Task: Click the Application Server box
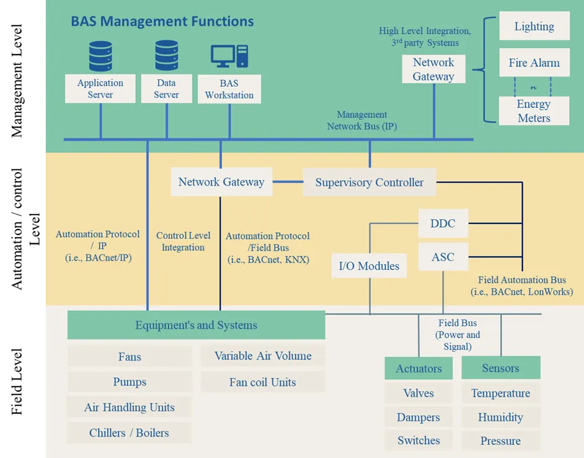100,89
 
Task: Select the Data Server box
166,89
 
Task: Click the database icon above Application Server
100,56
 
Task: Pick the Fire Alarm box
534,63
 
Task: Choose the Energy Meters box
534,110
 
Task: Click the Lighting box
534,27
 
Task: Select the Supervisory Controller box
369,182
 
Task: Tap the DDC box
443,223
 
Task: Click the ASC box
443,257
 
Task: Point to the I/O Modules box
369,266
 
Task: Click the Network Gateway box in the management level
433,70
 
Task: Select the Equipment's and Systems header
196,325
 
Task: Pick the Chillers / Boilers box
129,433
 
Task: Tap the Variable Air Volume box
262,356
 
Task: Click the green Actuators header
418,368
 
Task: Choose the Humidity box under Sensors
500,417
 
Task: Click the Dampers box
418,417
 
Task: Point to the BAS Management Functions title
162,21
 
